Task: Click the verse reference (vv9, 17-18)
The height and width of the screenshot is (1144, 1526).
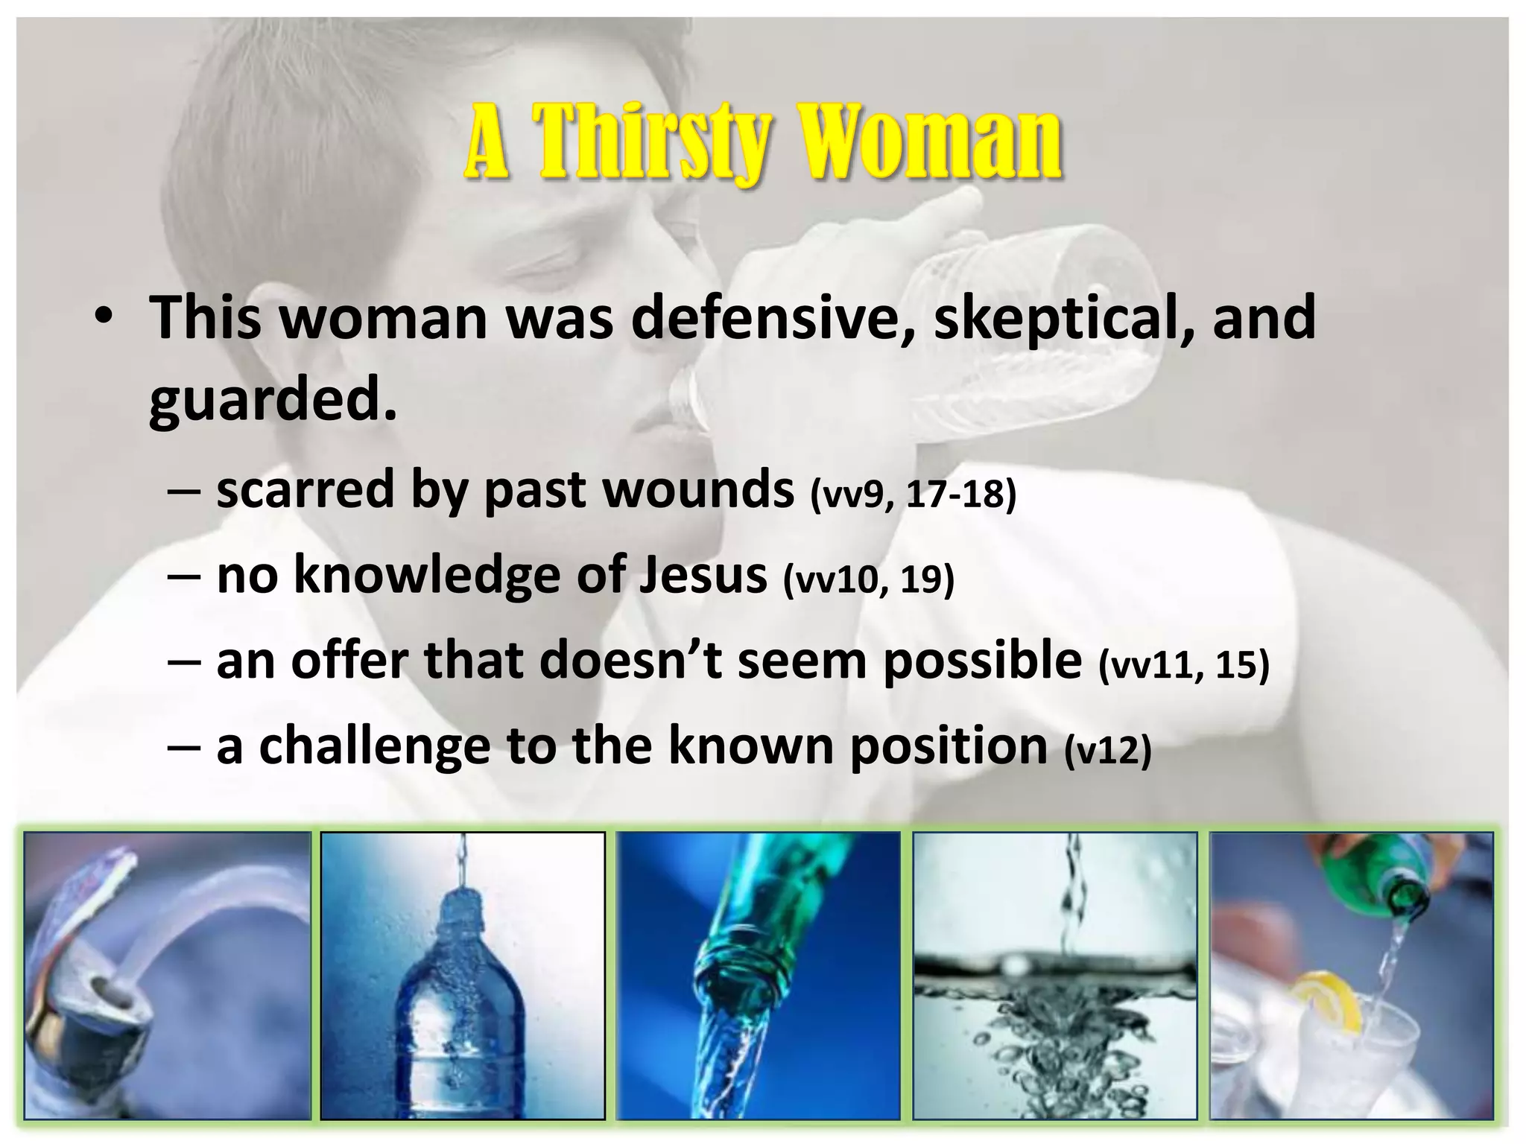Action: (x=913, y=495)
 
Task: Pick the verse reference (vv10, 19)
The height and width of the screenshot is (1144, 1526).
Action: (x=868, y=579)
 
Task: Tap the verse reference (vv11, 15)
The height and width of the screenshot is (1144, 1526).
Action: (x=1184, y=664)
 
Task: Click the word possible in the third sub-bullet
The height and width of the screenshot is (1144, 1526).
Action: (x=982, y=661)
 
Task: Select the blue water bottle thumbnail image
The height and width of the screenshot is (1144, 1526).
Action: (x=463, y=976)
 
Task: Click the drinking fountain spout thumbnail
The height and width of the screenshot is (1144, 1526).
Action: (x=168, y=976)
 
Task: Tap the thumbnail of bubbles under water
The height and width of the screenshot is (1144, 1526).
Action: (x=1055, y=976)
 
